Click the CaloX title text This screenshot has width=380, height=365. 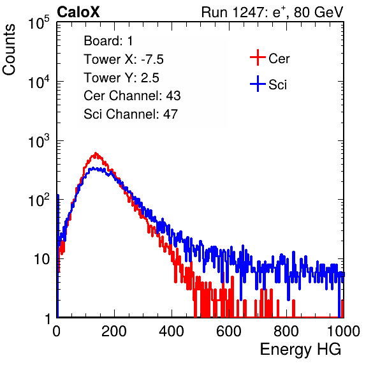point(78,12)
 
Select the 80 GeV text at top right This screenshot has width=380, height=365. point(318,12)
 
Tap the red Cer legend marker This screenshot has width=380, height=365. point(258,57)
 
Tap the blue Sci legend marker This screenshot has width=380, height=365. point(258,84)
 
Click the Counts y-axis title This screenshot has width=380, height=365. point(9,50)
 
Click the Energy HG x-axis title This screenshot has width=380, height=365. point(300,349)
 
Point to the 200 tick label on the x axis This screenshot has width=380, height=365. point(114,331)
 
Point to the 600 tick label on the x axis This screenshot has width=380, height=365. point(229,331)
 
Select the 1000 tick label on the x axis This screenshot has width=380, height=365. point(344,331)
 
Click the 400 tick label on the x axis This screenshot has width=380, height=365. point(172,331)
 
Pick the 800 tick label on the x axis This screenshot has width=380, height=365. point(286,331)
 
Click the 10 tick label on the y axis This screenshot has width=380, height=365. point(42,259)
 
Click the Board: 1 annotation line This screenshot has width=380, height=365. point(108,41)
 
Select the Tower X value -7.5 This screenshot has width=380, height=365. point(152,59)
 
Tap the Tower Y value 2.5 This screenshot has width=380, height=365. point(150,78)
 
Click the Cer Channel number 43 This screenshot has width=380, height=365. point(173,96)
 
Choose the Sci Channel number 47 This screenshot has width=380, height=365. point(170,114)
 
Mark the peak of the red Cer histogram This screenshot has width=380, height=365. point(96,153)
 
